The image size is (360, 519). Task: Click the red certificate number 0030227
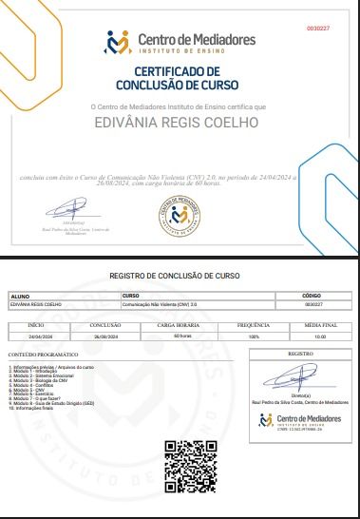click(x=317, y=29)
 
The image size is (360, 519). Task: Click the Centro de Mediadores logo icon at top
click(x=119, y=42)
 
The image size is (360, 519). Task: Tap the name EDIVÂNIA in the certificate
click(x=132, y=122)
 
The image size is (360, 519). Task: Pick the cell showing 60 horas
click(x=183, y=336)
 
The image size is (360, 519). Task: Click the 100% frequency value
click(x=253, y=336)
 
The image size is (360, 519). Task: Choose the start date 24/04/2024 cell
click(x=41, y=336)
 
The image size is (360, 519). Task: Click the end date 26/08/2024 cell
click(x=105, y=336)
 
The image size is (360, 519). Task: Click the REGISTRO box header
click(x=300, y=353)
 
